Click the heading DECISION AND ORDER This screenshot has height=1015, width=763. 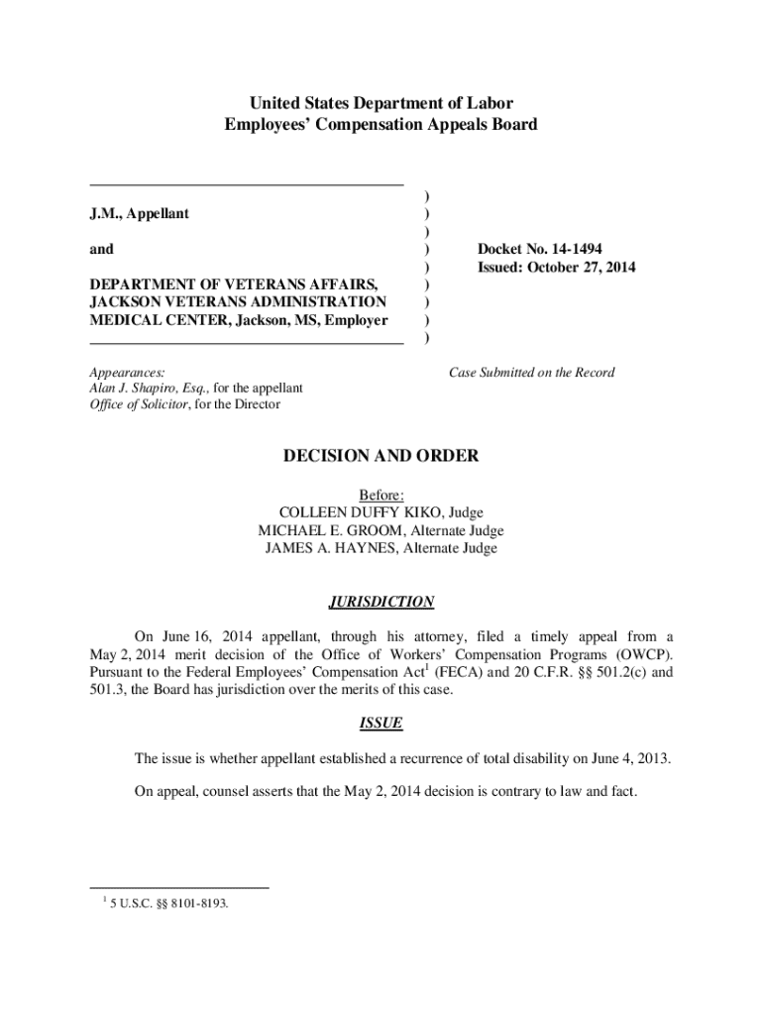coord(381,456)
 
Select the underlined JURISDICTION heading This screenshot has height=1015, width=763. coord(381,602)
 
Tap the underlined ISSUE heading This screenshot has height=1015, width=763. coord(381,724)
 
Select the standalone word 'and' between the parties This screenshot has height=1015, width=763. coord(101,249)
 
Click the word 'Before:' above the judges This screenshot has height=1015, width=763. coord(381,495)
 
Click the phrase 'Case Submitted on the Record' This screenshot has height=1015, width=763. coord(531,373)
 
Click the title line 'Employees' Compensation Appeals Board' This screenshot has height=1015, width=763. coord(381,125)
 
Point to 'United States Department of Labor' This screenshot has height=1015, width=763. coord(381,103)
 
